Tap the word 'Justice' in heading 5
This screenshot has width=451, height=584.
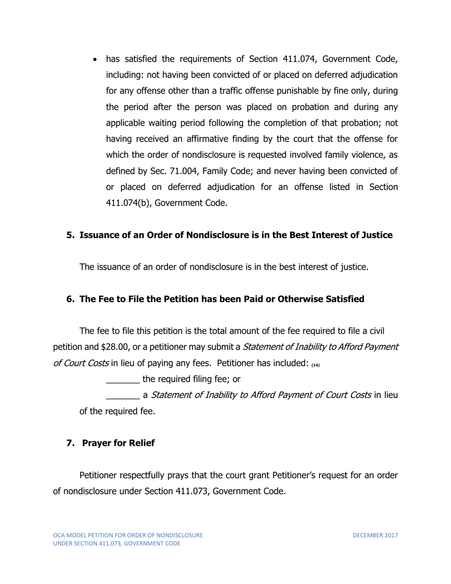click(x=376, y=235)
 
